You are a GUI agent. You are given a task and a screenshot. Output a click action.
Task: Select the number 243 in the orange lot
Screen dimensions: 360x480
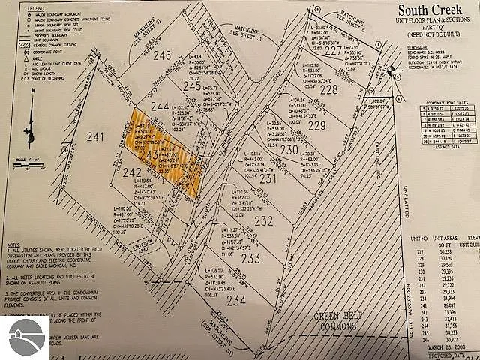click(x=153, y=155)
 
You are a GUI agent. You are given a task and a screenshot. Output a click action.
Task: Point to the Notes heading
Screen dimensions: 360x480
click(x=14, y=245)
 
